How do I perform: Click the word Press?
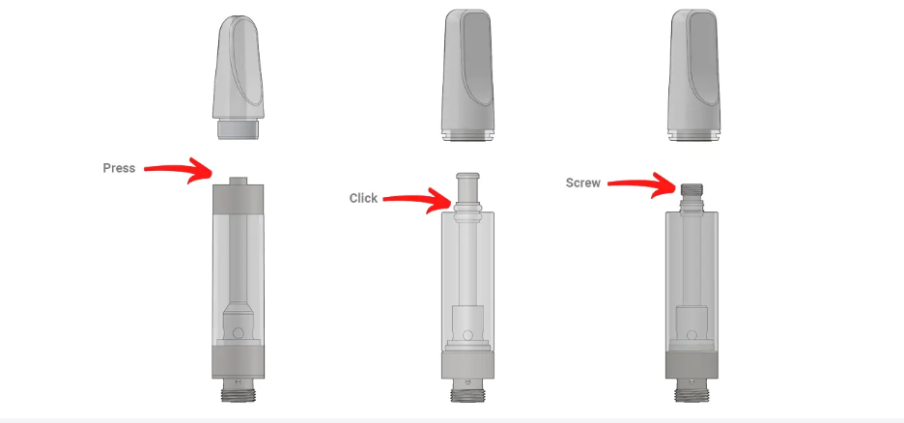click(x=119, y=168)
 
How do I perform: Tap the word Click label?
click(x=363, y=198)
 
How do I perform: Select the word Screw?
click(x=583, y=183)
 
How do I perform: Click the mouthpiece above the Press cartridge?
click(x=239, y=77)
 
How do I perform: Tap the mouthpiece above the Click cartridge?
click(x=467, y=75)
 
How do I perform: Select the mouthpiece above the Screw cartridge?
click(x=693, y=75)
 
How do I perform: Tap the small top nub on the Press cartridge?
click(x=239, y=181)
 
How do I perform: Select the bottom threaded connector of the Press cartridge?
click(x=239, y=394)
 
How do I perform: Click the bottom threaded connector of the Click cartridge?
click(x=467, y=394)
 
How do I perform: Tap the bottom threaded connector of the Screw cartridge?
click(x=692, y=394)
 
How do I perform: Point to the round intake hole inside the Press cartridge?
click(x=239, y=332)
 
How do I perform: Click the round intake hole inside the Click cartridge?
click(x=468, y=335)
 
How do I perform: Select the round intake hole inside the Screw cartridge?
click(x=692, y=335)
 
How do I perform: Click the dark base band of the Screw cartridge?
click(x=692, y=365)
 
